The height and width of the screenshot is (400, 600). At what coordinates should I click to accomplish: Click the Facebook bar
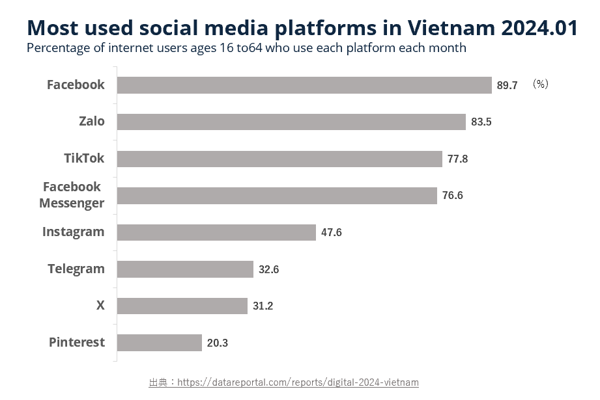click(304, 85)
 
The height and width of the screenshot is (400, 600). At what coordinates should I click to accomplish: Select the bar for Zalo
click(291, 122)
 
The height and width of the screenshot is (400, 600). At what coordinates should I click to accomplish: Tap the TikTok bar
click(279, 159)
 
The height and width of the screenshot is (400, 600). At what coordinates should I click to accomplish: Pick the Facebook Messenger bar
click(277, 196)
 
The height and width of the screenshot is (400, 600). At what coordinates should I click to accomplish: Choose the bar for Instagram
click(216, 232)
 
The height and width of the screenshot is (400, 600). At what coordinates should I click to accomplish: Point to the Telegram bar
click(185, 269)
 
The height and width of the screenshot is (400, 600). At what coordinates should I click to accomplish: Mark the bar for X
click(182, 306)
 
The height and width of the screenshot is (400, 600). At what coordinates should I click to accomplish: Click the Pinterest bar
click(160, 343)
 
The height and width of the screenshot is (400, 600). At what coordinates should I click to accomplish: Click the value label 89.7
click(507, 85)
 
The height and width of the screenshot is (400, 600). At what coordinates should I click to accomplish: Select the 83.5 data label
click(481, 122)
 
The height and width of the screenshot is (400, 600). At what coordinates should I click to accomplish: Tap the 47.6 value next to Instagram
click(331, 233)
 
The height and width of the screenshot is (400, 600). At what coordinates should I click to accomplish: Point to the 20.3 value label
click(217, 343)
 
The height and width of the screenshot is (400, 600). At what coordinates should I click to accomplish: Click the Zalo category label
click(91, 122)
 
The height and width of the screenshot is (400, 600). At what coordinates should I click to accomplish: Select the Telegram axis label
click(76, 269)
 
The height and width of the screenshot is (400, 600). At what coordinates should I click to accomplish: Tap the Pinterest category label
click(76, 343)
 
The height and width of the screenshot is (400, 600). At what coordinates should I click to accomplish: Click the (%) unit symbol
click(539, 85)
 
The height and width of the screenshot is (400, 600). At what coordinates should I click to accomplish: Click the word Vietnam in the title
click(453, 28)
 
